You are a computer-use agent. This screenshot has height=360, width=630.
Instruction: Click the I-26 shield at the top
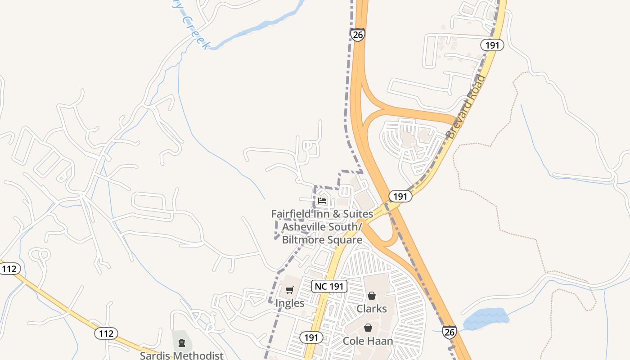tap(358, 35)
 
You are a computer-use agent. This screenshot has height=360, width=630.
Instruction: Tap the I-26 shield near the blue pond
tap(449, 332)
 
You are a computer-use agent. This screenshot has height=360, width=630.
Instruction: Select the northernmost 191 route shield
tap(492, 45)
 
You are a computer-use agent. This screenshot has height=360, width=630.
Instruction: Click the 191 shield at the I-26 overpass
tap(400, 196)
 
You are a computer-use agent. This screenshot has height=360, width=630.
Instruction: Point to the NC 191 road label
tap(330, 286)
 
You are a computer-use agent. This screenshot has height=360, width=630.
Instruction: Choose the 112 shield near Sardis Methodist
tap(106, 333)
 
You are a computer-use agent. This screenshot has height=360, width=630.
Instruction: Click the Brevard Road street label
tap(466, 107)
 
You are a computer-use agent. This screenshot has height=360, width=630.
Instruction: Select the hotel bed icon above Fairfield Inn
tap(322, 200)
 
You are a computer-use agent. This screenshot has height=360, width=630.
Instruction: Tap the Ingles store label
tap(290, 303)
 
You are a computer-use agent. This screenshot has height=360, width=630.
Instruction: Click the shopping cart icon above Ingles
tap(290, 290)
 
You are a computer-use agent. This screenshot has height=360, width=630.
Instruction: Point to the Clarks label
tap(372, 309)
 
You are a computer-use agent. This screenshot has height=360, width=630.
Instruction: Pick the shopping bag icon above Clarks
tap(372, 296)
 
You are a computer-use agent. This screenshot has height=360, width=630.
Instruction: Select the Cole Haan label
tap(368, 341)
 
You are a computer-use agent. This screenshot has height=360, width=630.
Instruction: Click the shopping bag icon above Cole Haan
tap(368, 328)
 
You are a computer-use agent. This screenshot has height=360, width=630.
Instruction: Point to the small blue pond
tap(487, 318)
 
